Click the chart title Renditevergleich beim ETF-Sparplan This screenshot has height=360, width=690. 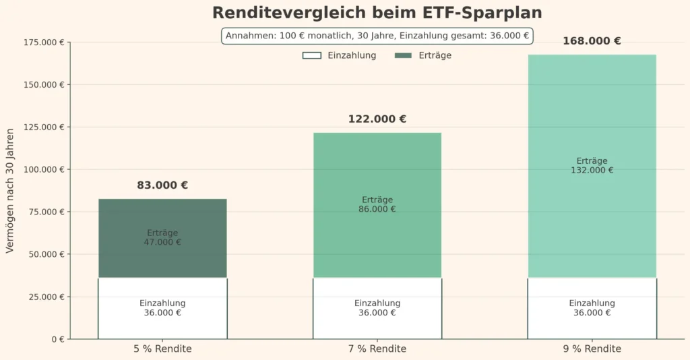[377, 13]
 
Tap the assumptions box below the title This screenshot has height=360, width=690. [377, 36]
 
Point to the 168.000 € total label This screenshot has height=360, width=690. [592, 41]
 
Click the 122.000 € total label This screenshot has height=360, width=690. [377, 119]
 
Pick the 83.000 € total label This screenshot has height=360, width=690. [162, 185]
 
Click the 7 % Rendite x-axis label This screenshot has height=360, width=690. [377, 349]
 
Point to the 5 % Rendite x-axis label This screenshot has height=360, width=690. [162, 349]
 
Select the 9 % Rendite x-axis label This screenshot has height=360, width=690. [592, 349]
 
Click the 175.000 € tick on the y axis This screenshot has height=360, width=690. [45, 42]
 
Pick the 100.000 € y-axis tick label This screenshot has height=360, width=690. [45, 169]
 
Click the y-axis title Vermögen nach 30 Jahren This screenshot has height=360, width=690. [9, 191]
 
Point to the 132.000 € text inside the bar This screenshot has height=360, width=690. [592, 171]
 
